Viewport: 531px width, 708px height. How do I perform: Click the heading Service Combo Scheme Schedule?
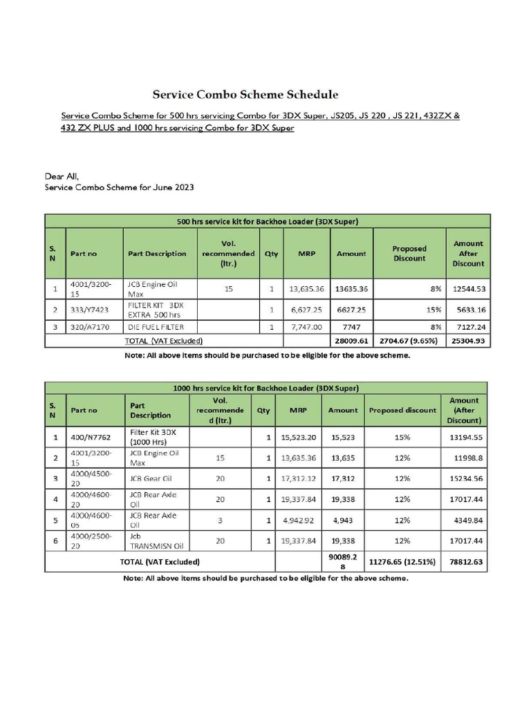click(x=245, y=94)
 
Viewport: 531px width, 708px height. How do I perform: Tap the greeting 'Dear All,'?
click(x=62, y=176)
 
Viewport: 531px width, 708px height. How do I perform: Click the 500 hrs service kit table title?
click(x=267, y=221)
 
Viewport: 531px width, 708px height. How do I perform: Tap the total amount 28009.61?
click(x=351, y=340)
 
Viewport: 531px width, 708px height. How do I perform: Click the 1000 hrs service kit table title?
click(x=265, y=388)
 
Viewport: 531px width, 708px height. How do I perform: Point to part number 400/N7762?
click(x=91, y=437)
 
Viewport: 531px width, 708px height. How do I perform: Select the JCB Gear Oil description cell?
click(x=153, y=478)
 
